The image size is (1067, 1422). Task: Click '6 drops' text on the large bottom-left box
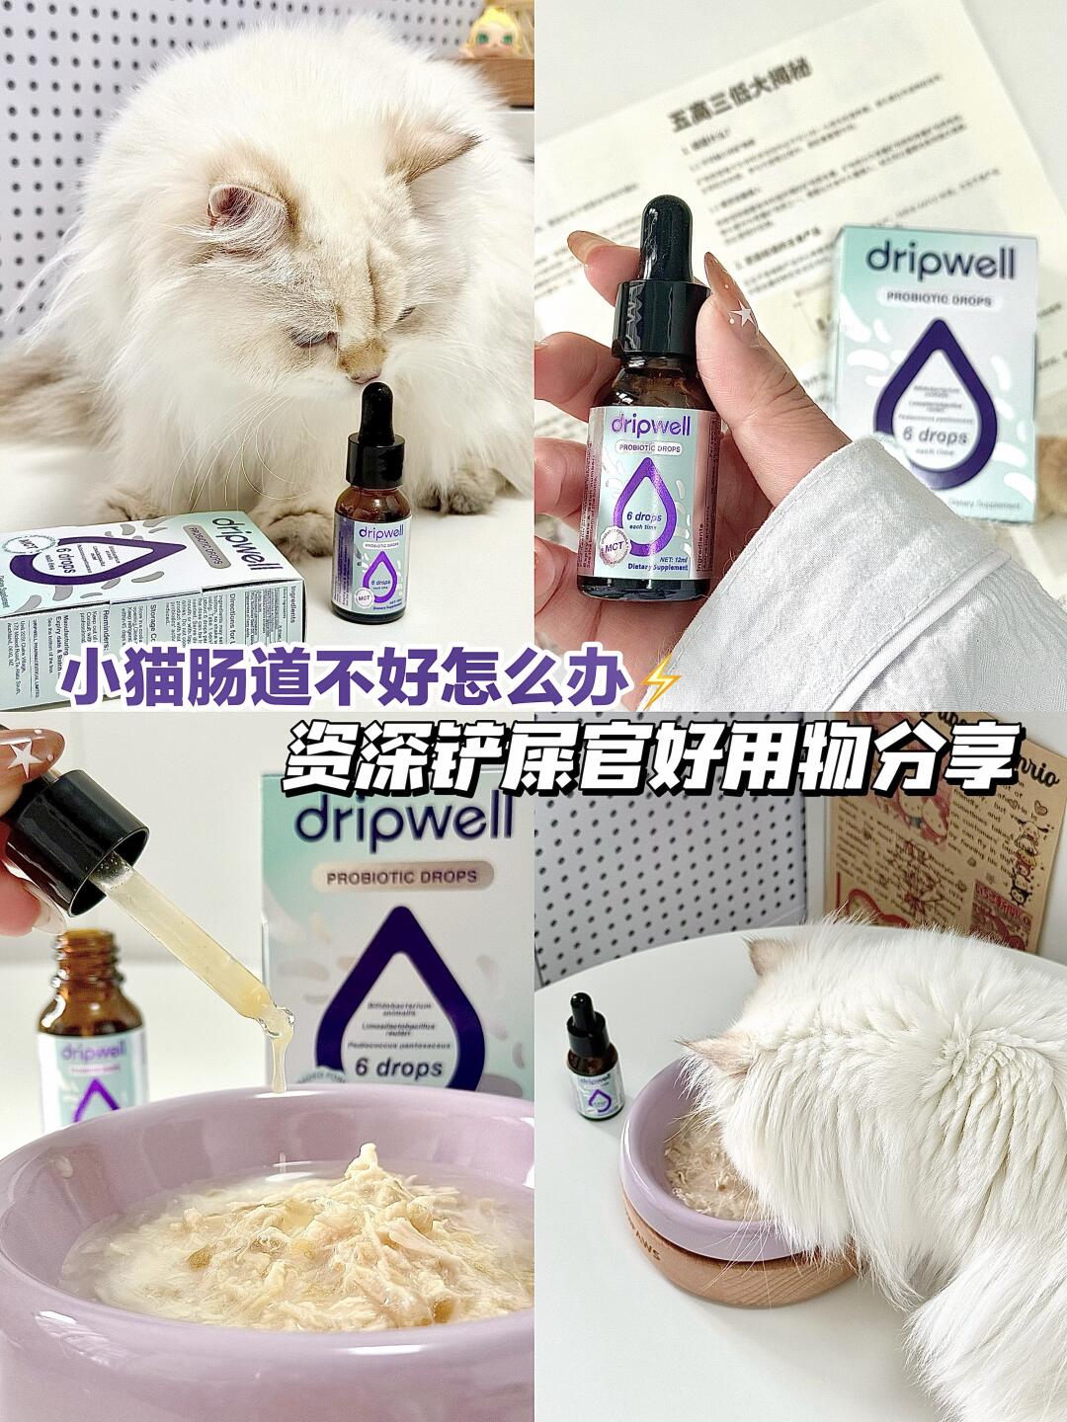point(398,1067)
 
